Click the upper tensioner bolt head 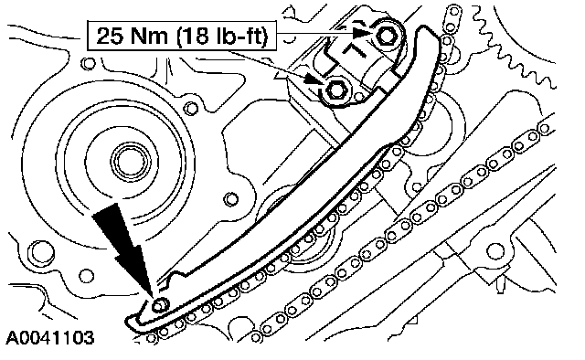(x=387, y=36)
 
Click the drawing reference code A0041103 (x=49, y=338)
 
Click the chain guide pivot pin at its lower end (x=160, y=305)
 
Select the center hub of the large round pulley (x=132, y=162)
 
